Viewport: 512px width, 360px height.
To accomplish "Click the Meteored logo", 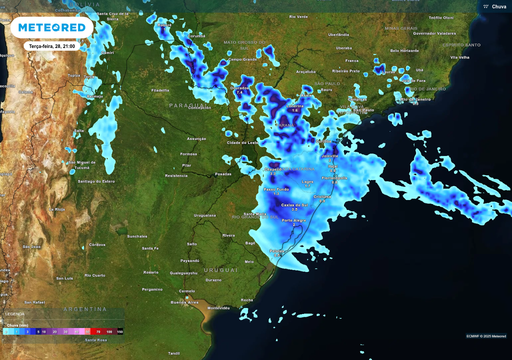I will coord(52,27).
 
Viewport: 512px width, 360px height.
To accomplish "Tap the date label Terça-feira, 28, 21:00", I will coord(52,46).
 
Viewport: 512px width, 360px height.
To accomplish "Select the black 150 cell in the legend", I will coord(119,331).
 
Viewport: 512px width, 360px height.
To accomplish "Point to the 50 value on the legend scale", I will coord(87,331).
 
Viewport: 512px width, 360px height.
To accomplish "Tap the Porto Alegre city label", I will coord(293,220).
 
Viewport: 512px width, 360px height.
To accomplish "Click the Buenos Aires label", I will coord(184,302).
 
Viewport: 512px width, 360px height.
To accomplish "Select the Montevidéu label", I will coord(218,308).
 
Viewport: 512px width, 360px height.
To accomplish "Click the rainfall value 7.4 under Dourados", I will coord(239,92).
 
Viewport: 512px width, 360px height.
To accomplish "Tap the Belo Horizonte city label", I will coord(404,50).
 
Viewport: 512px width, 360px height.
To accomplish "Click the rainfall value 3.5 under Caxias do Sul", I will coord(294,209).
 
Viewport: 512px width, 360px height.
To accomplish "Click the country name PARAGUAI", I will coord(184,105).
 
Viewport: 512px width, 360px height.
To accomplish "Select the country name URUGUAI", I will coord(220,270).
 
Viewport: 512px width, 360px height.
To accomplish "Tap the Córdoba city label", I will coord(97,244).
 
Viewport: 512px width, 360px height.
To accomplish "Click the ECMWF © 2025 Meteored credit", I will coord(486,336).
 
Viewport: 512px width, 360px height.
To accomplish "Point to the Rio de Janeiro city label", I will coord(415,99).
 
